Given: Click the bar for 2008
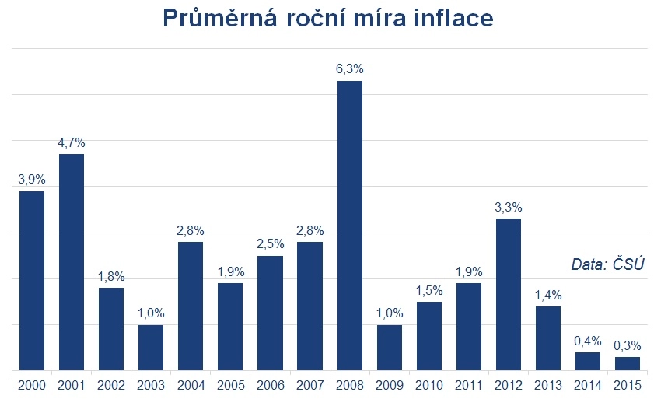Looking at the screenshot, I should tap(350, 226).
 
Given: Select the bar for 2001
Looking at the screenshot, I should tap(72, 262).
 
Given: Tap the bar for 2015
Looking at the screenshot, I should tap(628, 363).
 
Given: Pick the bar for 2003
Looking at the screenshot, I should tap(151, 347).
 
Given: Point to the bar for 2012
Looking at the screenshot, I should tap(509, 294).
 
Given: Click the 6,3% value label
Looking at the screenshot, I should tap(350, 69).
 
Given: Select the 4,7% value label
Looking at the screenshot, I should tap(72, 142).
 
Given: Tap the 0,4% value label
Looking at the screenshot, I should tap(588, 341).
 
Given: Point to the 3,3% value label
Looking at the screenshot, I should tap(509, 207).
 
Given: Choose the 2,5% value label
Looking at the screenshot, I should tap(270, 244).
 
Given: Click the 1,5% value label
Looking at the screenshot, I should tap(429, 290).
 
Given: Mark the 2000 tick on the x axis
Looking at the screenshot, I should tap(32, 385).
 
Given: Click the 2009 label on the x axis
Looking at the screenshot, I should tap(390, 385).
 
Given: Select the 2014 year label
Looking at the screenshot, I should tap(588, 385).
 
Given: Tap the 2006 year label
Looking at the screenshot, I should tap(270, 385).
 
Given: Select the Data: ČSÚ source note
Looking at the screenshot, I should tap(608, 264).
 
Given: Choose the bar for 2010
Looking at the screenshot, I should tap(429, 335).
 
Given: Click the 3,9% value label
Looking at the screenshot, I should tap(32, 180).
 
